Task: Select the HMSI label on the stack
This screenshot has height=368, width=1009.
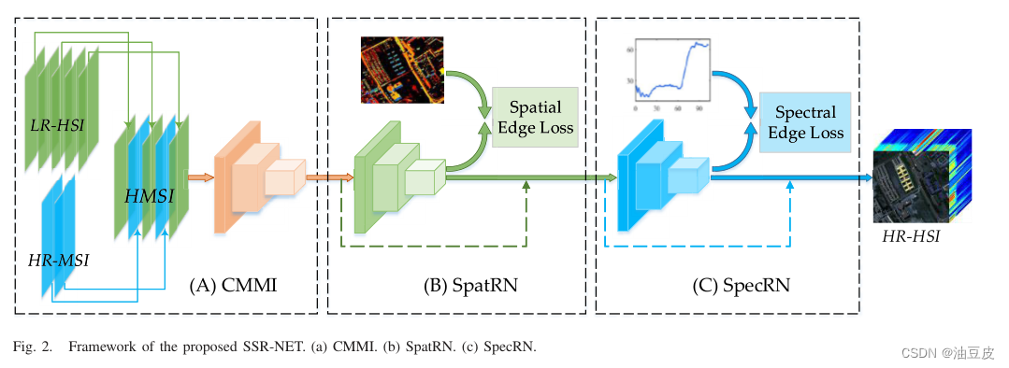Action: (x=150, y=197)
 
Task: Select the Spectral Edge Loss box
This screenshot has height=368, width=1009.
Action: (x=805, y=122)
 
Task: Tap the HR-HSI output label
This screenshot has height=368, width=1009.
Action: (x=911, y=238)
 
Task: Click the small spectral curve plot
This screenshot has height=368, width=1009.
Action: (x=670, y=72)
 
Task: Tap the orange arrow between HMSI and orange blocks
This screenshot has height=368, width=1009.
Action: (x=201, y=177)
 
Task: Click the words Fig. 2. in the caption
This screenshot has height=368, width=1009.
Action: (x=33, y=347)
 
